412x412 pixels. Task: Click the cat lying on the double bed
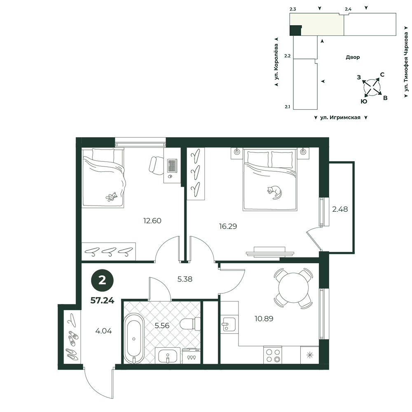[x=274, y=192]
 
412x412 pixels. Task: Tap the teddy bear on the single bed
[x=111, y=197]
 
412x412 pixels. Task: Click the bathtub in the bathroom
[x=134, y=338]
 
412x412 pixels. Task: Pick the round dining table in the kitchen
[x=293, y=288]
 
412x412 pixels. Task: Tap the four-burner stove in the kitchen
[x=272, y=355]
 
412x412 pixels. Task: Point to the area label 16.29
[x=228, y=226]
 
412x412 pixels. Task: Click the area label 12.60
[x=152, y=221]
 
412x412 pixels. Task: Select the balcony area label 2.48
[x=340, y=209]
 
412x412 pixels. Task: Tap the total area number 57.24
[x=102, y=300]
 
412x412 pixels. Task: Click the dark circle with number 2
[x=102, y=280]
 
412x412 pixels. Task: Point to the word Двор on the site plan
[x=353, y=57]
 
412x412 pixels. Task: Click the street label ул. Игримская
[x=340, y=117]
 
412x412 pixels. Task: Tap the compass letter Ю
[x=364, y=101]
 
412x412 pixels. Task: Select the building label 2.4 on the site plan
[x=348, y=9]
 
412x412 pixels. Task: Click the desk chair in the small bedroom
[x=156, y=165]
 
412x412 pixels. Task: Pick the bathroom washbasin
[x=168, y=356]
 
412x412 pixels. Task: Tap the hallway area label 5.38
[x=185, y=279]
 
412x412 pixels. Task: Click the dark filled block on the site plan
[x=295, y=30]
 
